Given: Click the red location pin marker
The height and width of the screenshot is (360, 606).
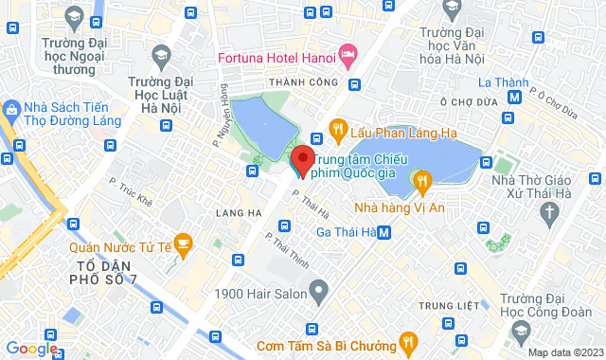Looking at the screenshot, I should pyautogui.click(x=302, y=158).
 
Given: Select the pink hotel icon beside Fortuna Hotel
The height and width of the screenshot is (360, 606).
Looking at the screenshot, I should pyautogui.click(x=348, y=56).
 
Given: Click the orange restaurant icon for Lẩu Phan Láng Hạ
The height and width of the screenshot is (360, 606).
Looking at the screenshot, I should pyautogui.click(x=335, y=128).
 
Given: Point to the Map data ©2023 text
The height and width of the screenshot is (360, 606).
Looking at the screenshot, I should pyautogui.click(x=564, y=352).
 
